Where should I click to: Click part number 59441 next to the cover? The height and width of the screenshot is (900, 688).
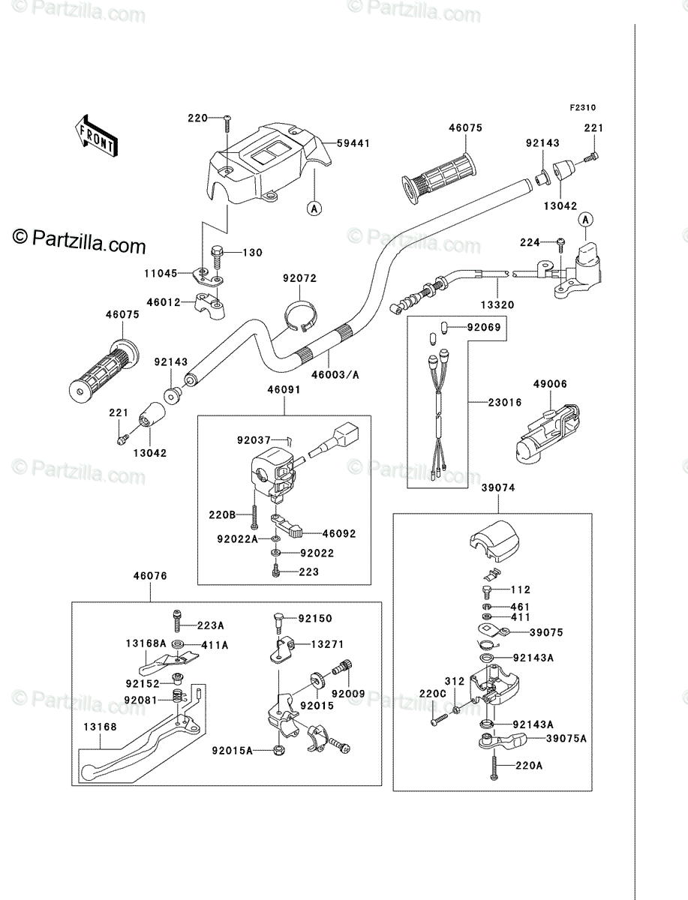(x=353, y=143)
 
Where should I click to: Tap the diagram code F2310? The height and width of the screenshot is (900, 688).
(x=583, y=108)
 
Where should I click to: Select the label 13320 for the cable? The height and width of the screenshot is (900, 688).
(x=497, y=305)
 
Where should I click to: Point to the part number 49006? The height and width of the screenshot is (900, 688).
(x=550, y=384)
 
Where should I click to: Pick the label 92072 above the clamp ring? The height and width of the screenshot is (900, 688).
(x=299, y=278)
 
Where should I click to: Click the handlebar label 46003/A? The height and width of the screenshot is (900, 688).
(x=335, y=374)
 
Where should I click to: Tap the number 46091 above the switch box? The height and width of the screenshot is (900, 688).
(x=284, y=389)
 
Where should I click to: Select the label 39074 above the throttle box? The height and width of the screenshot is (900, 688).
(x=498, y=487)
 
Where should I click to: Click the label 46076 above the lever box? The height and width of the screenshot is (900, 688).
(x=150, y=576)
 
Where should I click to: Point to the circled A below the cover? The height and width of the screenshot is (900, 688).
(x=314, y=208)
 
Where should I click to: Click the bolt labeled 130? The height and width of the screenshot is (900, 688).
(x=217, y=256)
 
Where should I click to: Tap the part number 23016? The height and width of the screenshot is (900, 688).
(x=505, y=402)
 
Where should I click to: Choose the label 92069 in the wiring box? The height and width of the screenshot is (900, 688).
(x=484, y=327)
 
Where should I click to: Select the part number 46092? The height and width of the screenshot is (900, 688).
(x=339, y=534)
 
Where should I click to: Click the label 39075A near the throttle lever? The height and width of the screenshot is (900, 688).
(x=566, y=739)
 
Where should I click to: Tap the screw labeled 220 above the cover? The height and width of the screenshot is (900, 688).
(x=227, y=124)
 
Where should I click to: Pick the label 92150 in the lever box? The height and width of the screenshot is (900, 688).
(x=315, y=618)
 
